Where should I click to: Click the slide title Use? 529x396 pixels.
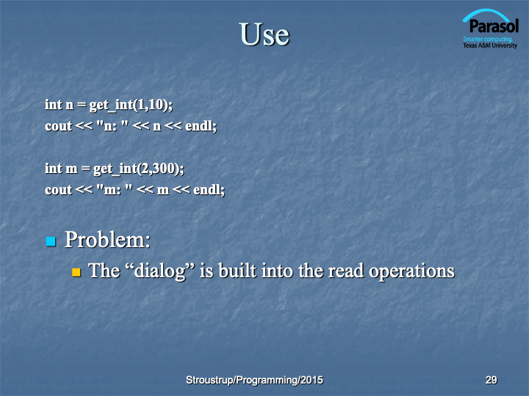pyautogui.click(x=264, y=34)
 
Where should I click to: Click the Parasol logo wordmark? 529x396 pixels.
pyautogui.click(x=494, y=26)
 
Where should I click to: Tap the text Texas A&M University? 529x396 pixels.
pyautogui.click(x=490, y=45)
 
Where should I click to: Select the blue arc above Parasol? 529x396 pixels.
pyautogui.click(x=486, y=13)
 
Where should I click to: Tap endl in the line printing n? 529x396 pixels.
pyautogui.click(x=201, y=126)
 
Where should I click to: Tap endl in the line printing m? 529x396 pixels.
pyautogui.click(x=209, y=190)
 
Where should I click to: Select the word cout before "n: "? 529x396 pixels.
pyautogui.click(x=58, y=126)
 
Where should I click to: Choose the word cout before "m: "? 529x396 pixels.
pyautogui.click(x=58, y=190)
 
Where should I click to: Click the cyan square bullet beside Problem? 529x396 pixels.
pyautogui.click(x=51, y=241)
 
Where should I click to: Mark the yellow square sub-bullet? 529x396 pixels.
pyautogui.click(x=76, y=272)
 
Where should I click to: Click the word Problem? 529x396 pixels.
pyautogui.click(x=107, y=240)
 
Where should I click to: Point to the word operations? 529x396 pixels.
pyautogui.click(x=411, y=271)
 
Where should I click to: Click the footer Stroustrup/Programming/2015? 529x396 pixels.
pyautogui.click(x=254, y=380)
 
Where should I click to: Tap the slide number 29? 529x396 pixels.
pyautogui.click(x=492, y=380)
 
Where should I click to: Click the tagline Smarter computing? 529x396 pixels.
pyautogui.click(x=488, y=39)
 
